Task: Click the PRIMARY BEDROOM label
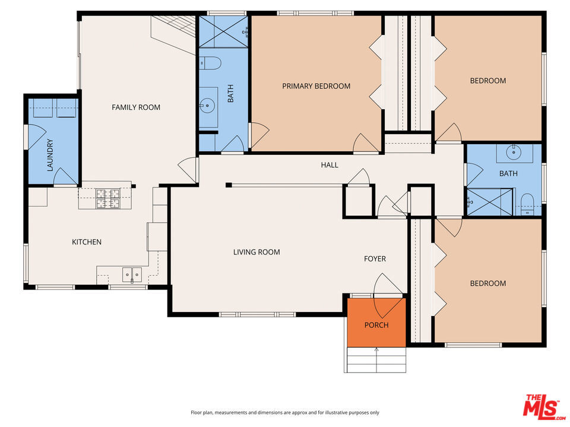click(x=316, y=86)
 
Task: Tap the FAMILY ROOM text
click(x=136, y=107)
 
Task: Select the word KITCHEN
click(x=87, y=242)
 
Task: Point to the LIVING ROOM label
click(x=256, y=252)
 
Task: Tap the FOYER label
click(x=375, y=259)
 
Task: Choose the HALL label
click(x=330, y=165)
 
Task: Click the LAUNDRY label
click(x=50, y=155)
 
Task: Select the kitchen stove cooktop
click(x=107, y=199)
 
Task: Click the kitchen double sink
click(x=132, y=275)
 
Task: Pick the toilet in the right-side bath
click(x=527, y=205)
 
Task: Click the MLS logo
click(x=543, y=406)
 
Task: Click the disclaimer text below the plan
click(x=285, y=413)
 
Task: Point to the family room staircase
click(x=174, y=35)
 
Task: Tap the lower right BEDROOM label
click(x=488, y=283)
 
